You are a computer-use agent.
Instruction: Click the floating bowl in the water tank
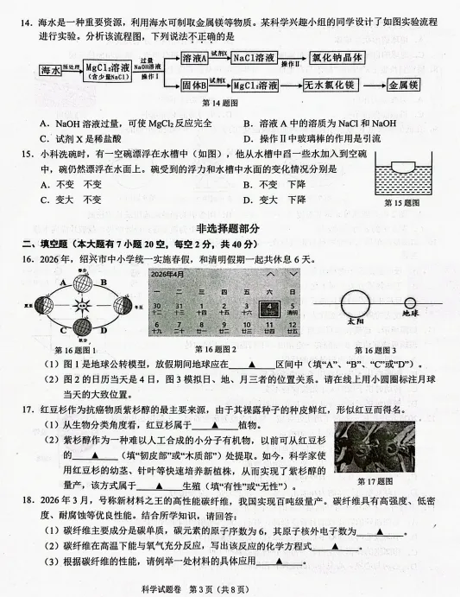[402, 162]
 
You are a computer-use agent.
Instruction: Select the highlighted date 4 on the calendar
[268, 308]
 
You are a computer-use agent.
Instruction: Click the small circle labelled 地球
[411, 302]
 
